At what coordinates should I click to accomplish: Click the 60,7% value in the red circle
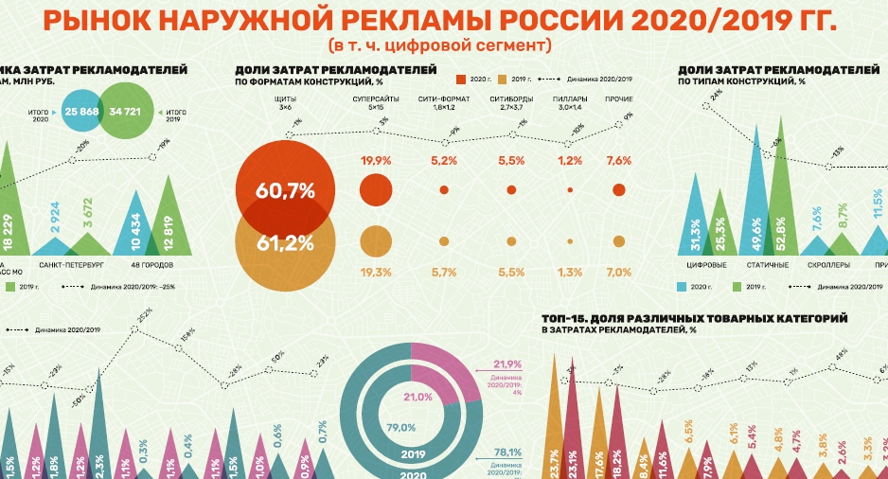point(285,190)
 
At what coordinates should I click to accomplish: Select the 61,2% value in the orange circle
point(285,242)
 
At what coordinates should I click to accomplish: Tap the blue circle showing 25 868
point(83,112)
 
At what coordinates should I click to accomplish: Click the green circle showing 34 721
point(126,112)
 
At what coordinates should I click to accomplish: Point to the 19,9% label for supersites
point(376,161)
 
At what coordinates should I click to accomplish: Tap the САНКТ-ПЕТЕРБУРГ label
point(69,264)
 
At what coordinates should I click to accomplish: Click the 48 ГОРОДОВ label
point(146,264)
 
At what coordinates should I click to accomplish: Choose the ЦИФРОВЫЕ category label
point(706,264)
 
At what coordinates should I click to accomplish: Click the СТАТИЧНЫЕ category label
point(769,264)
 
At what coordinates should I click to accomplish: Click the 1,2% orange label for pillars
point(570,273)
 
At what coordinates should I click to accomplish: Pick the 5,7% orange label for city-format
point(444,273)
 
